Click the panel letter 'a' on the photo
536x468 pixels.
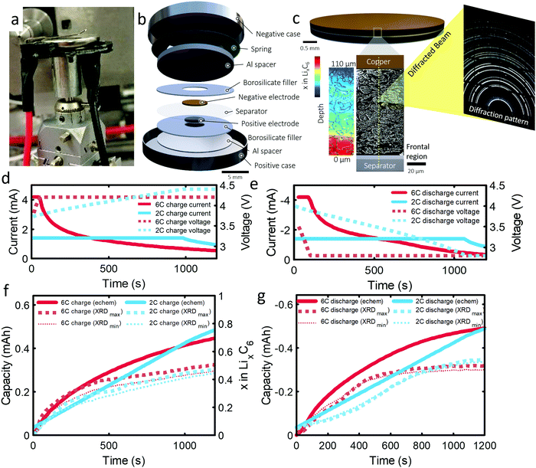13,14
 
